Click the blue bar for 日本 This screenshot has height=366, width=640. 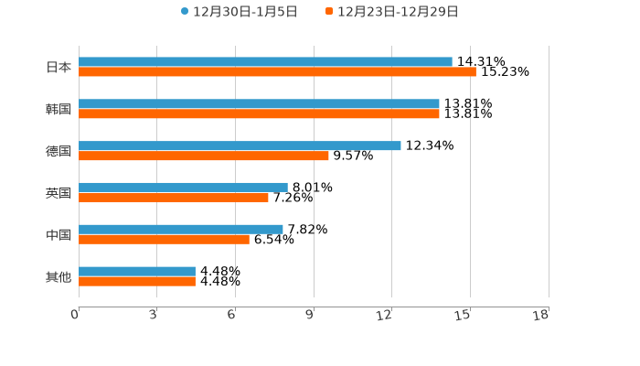coord(265,62)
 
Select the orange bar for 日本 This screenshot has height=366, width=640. coord(277,72)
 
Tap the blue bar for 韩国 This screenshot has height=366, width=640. coord(259,104)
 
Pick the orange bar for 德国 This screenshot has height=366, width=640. coord(204,156)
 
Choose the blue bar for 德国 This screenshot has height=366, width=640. coord(240,145)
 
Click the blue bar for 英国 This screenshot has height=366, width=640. coord(183,188)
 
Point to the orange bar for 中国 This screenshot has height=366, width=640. coord(164,240)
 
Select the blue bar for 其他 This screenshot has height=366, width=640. coord(137,272)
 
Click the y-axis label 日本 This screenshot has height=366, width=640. coord(59,67)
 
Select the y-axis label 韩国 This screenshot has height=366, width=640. coord(59,109)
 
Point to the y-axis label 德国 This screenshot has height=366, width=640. coord(59,151)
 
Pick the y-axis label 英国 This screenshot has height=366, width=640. coord(59,193)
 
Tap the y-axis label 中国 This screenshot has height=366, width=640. coord(59,235)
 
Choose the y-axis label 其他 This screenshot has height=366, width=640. coord(59,276)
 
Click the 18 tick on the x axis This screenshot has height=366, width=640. coord(541,315)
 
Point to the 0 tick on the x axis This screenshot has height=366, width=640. coord(75,315)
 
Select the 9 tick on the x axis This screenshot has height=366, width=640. coord(311,315)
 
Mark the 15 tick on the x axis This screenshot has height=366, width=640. coord(463,315)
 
